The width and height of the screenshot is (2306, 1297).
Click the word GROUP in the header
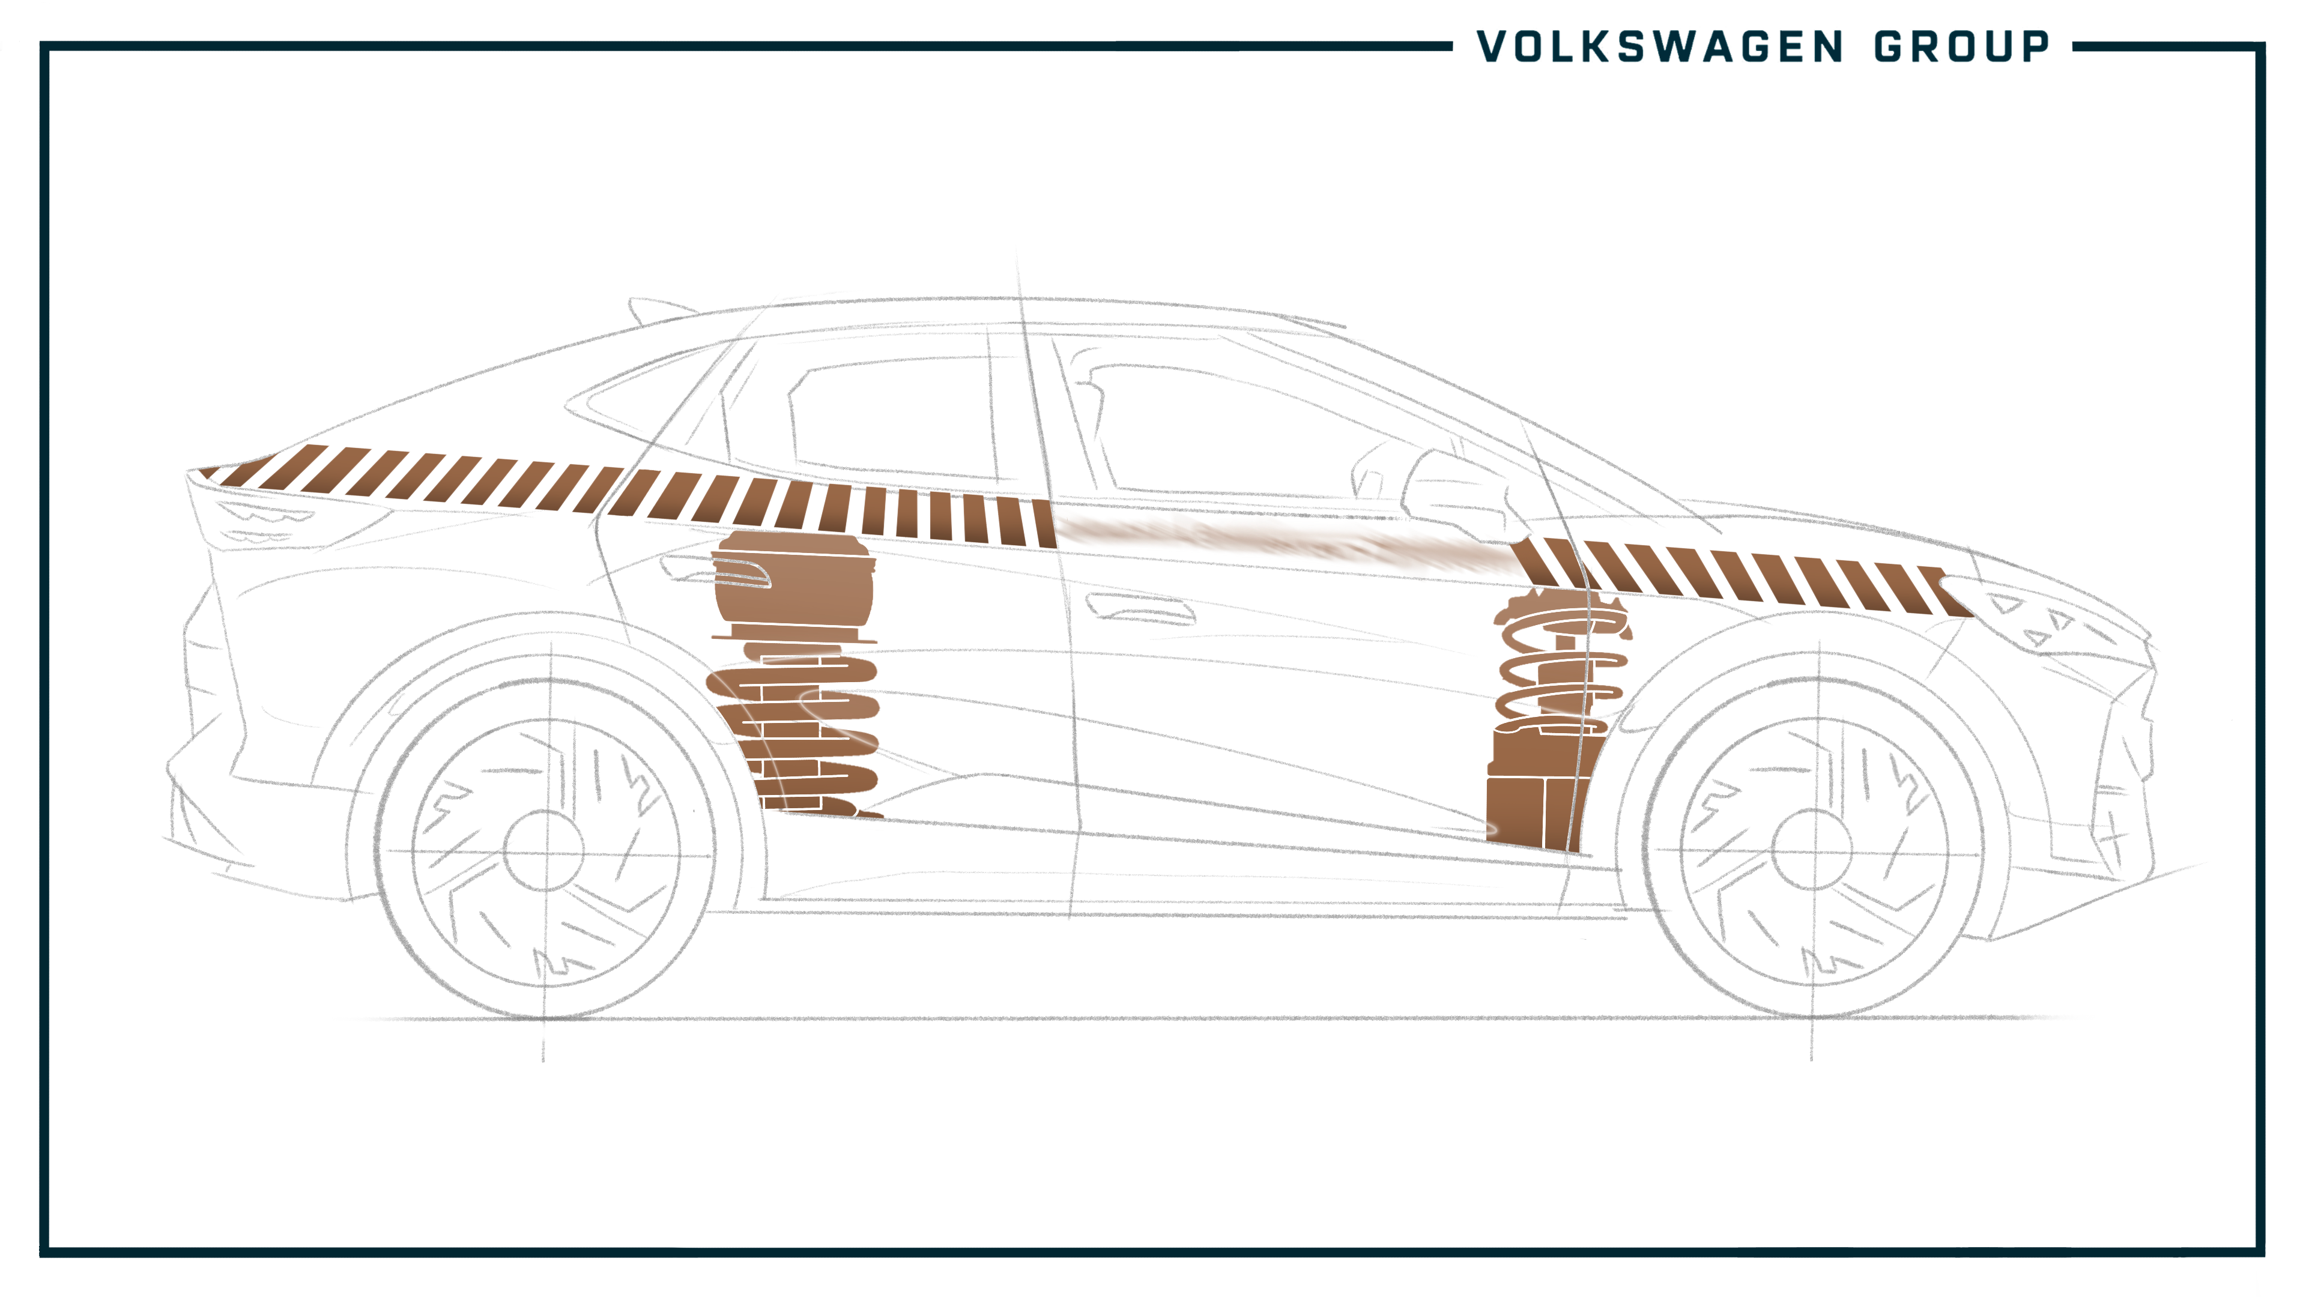click(x=1961, y=47)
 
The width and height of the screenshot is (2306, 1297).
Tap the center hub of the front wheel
click(x=1812, y=850)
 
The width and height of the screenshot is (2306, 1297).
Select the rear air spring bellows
click(x=793, y=586)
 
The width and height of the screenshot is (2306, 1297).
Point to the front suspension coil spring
click(x=1562, y=662)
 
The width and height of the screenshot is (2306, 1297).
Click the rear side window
click(x=895, y=416)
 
